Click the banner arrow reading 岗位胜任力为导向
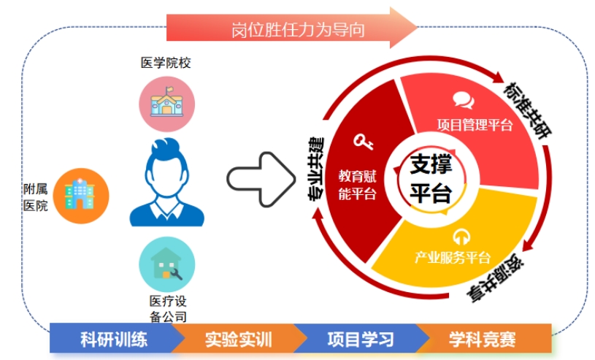tap(292, 28)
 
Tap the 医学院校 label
tap(166, 64)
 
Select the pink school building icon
tap(167, 104)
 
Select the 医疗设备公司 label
tap(167, 308)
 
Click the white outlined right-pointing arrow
tap(256, 179)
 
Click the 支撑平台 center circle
tap(431, 178)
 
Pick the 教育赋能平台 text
tap(357, 184)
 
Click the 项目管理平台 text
tap(475, 125)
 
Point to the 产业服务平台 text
tap(453, 257)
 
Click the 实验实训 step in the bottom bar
tap(238, 340)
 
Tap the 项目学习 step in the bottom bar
tap(361, 340)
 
